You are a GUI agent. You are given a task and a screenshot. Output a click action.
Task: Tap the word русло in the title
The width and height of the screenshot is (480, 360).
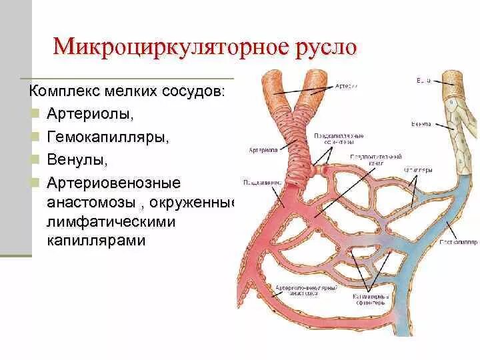click(x=326, y=48)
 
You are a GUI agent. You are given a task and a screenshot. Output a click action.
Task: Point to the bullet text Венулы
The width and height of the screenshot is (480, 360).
click(x=77, y=160)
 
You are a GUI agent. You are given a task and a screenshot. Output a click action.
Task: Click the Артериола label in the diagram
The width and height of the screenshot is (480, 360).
click(x=262, y=149)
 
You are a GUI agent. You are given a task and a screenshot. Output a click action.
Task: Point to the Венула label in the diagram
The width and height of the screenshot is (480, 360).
click(x=419, y=125)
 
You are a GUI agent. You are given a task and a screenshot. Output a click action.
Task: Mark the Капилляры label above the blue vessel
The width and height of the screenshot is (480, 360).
click(x=419, y=170)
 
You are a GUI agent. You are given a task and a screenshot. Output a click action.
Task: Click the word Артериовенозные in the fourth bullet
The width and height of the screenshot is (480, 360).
click(x=114, y=183)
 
